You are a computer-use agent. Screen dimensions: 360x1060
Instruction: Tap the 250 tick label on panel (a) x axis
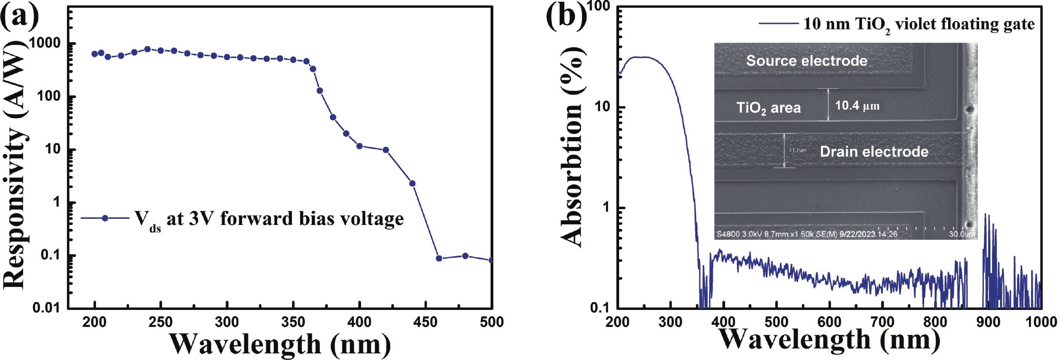click(160, 322)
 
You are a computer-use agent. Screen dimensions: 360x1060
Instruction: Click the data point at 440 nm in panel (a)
click(412, 183)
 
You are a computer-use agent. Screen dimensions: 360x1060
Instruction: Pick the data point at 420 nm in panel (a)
click(385, 150)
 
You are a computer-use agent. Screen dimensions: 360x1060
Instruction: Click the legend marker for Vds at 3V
click(105, 218)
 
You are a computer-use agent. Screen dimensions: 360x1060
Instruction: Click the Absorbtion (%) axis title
click(572, 146)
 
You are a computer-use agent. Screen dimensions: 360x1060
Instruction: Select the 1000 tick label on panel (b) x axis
click(1041, 322)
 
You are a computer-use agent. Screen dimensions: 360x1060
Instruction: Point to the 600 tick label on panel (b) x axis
click(829, 322)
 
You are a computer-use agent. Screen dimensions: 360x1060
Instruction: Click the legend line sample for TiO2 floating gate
click(778, 24)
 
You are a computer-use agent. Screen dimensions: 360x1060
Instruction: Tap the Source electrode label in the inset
click(807, 60)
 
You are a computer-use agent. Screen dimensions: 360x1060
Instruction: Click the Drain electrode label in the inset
click(874, 152)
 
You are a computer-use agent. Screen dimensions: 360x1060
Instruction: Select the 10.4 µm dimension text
click(857, 106)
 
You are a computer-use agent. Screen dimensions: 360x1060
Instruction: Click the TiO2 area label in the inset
click(768, 108)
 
